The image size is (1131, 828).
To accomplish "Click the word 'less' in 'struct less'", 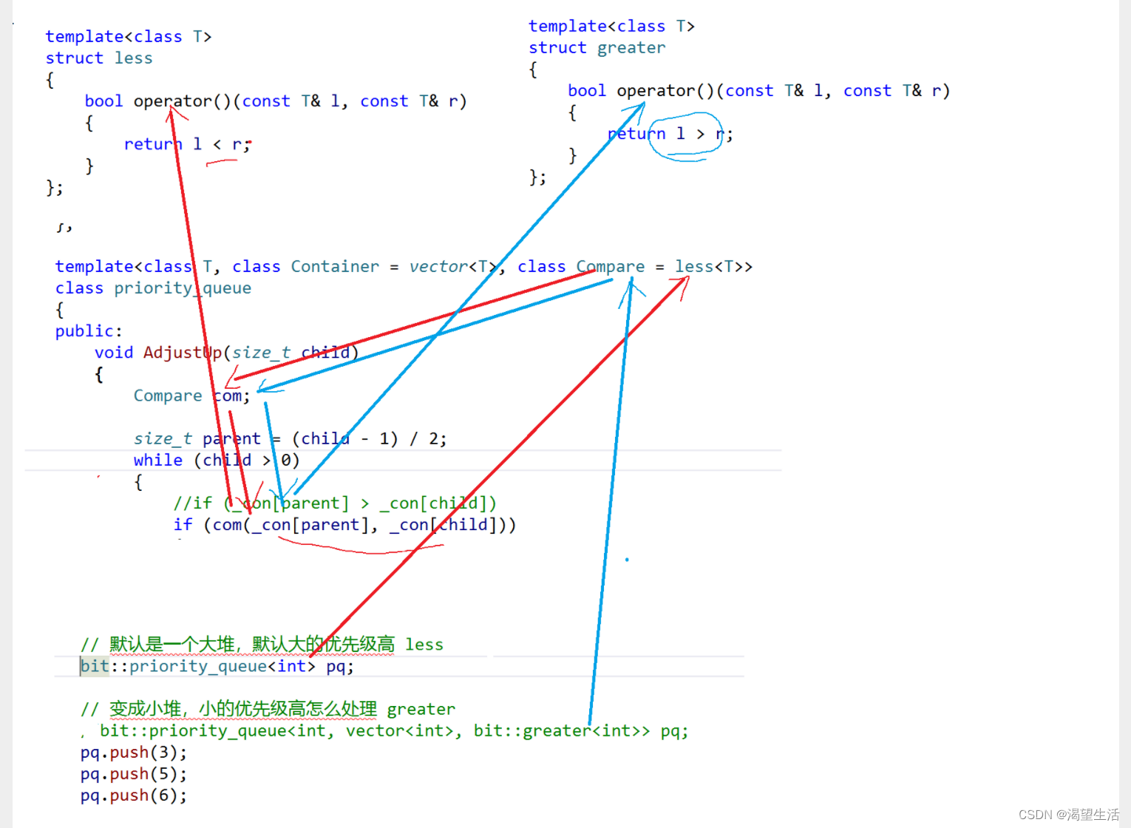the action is tap(133, 58).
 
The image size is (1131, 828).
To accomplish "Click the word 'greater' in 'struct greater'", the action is tap(631, 48).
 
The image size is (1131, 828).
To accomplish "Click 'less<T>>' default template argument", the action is tap(713, 267).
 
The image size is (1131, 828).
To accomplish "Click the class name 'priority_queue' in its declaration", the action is tap(183, 288).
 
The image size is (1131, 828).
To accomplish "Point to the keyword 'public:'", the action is tap(88, 331).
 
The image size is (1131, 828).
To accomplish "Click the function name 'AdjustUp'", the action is tap(183, 353).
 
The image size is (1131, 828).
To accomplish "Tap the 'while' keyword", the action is tap(157, 461).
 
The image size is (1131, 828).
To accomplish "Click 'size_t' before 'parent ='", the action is tap(163, 439).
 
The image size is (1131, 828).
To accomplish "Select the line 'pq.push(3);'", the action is tap(133, 753).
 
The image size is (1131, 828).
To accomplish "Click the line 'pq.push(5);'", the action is tap(133, 774).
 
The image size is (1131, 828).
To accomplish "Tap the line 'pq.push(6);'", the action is tap(133, 795).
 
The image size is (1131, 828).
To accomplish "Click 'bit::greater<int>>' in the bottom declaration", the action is tap(562, 731).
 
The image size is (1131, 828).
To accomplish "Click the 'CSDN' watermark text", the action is tap(1035, 815).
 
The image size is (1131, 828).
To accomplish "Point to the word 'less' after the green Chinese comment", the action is tap(424, 645).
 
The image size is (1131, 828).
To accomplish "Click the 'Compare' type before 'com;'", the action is tap(168, 396).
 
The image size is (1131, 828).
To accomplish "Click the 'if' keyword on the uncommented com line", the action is tap(183, 525).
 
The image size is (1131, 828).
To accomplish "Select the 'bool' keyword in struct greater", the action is tap(586, 91).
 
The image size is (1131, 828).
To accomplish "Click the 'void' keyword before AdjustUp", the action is tap(114, 353).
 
